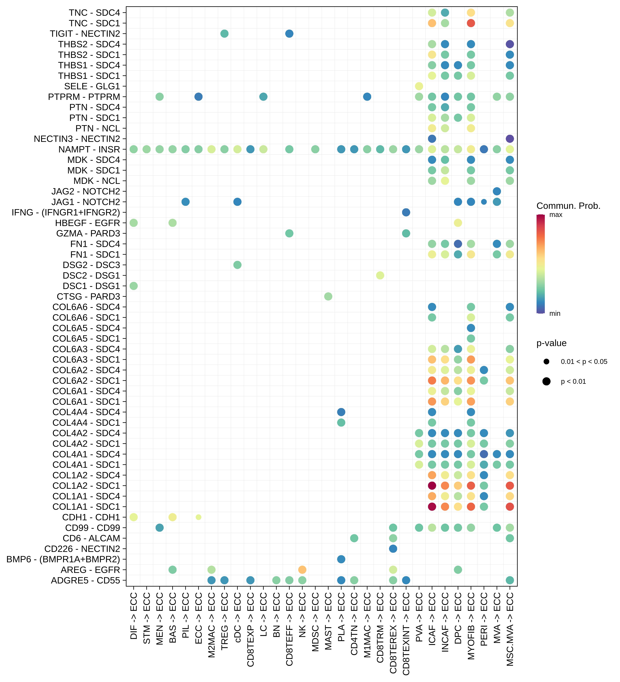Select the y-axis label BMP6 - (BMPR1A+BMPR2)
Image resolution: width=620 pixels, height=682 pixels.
tap(63, 559)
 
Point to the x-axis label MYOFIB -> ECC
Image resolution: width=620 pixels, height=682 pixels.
tap(471, 626)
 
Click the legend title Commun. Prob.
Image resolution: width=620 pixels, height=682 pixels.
tap(568, 206)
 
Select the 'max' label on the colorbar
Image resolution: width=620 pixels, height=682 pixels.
tap(556, 215)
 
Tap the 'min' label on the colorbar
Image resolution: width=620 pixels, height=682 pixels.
tap(555, 314)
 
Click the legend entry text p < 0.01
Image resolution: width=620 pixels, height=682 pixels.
tap(573, 382)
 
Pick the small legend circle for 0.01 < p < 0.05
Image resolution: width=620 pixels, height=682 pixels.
tap(546, 362)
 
